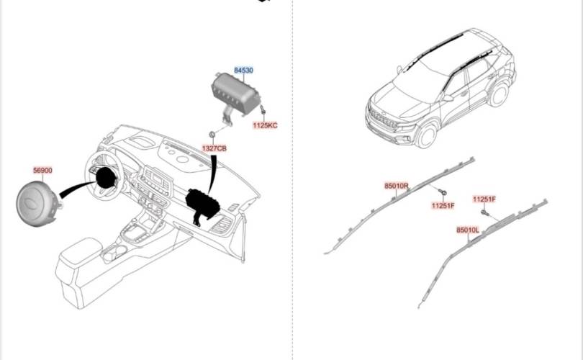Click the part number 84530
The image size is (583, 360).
tap(243, 70)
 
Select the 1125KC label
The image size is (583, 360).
tap(264, 125)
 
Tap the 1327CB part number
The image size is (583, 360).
tap(214, 148)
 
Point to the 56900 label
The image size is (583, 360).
tap(42, 171)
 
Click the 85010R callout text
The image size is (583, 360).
tap(397, 186)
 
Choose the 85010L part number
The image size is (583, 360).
tap(467, 230)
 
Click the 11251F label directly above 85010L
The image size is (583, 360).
tap(484, 199)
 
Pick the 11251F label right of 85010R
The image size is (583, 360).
tap(443, 206)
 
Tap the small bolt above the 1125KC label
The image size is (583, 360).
tap(263, 112)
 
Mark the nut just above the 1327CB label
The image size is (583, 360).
tap(213, 135)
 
